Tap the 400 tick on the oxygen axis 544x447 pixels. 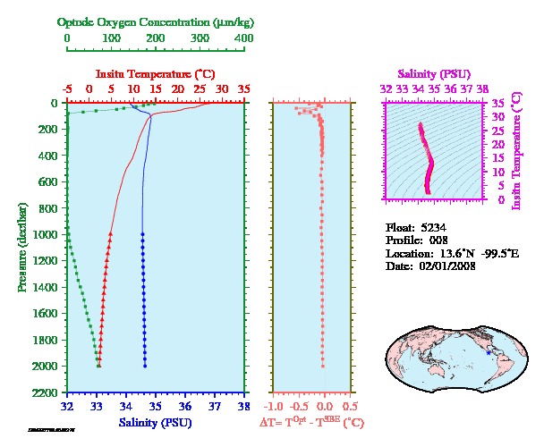(x=243, y=38)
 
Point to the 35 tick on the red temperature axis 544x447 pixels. (x=243, y=89)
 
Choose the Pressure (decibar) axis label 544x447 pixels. (x=21, y=246)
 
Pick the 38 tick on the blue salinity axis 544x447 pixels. (x=243, y=406)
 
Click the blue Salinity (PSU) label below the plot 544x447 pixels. (x=155, y=422)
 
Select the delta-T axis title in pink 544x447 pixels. (x=311, y=422)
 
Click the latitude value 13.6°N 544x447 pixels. (x=459, y=254)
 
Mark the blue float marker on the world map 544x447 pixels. (x=488, y=352)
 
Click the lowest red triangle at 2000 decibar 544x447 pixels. (x=99, y=365)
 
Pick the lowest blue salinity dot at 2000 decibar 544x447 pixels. (x=145, y=365)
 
